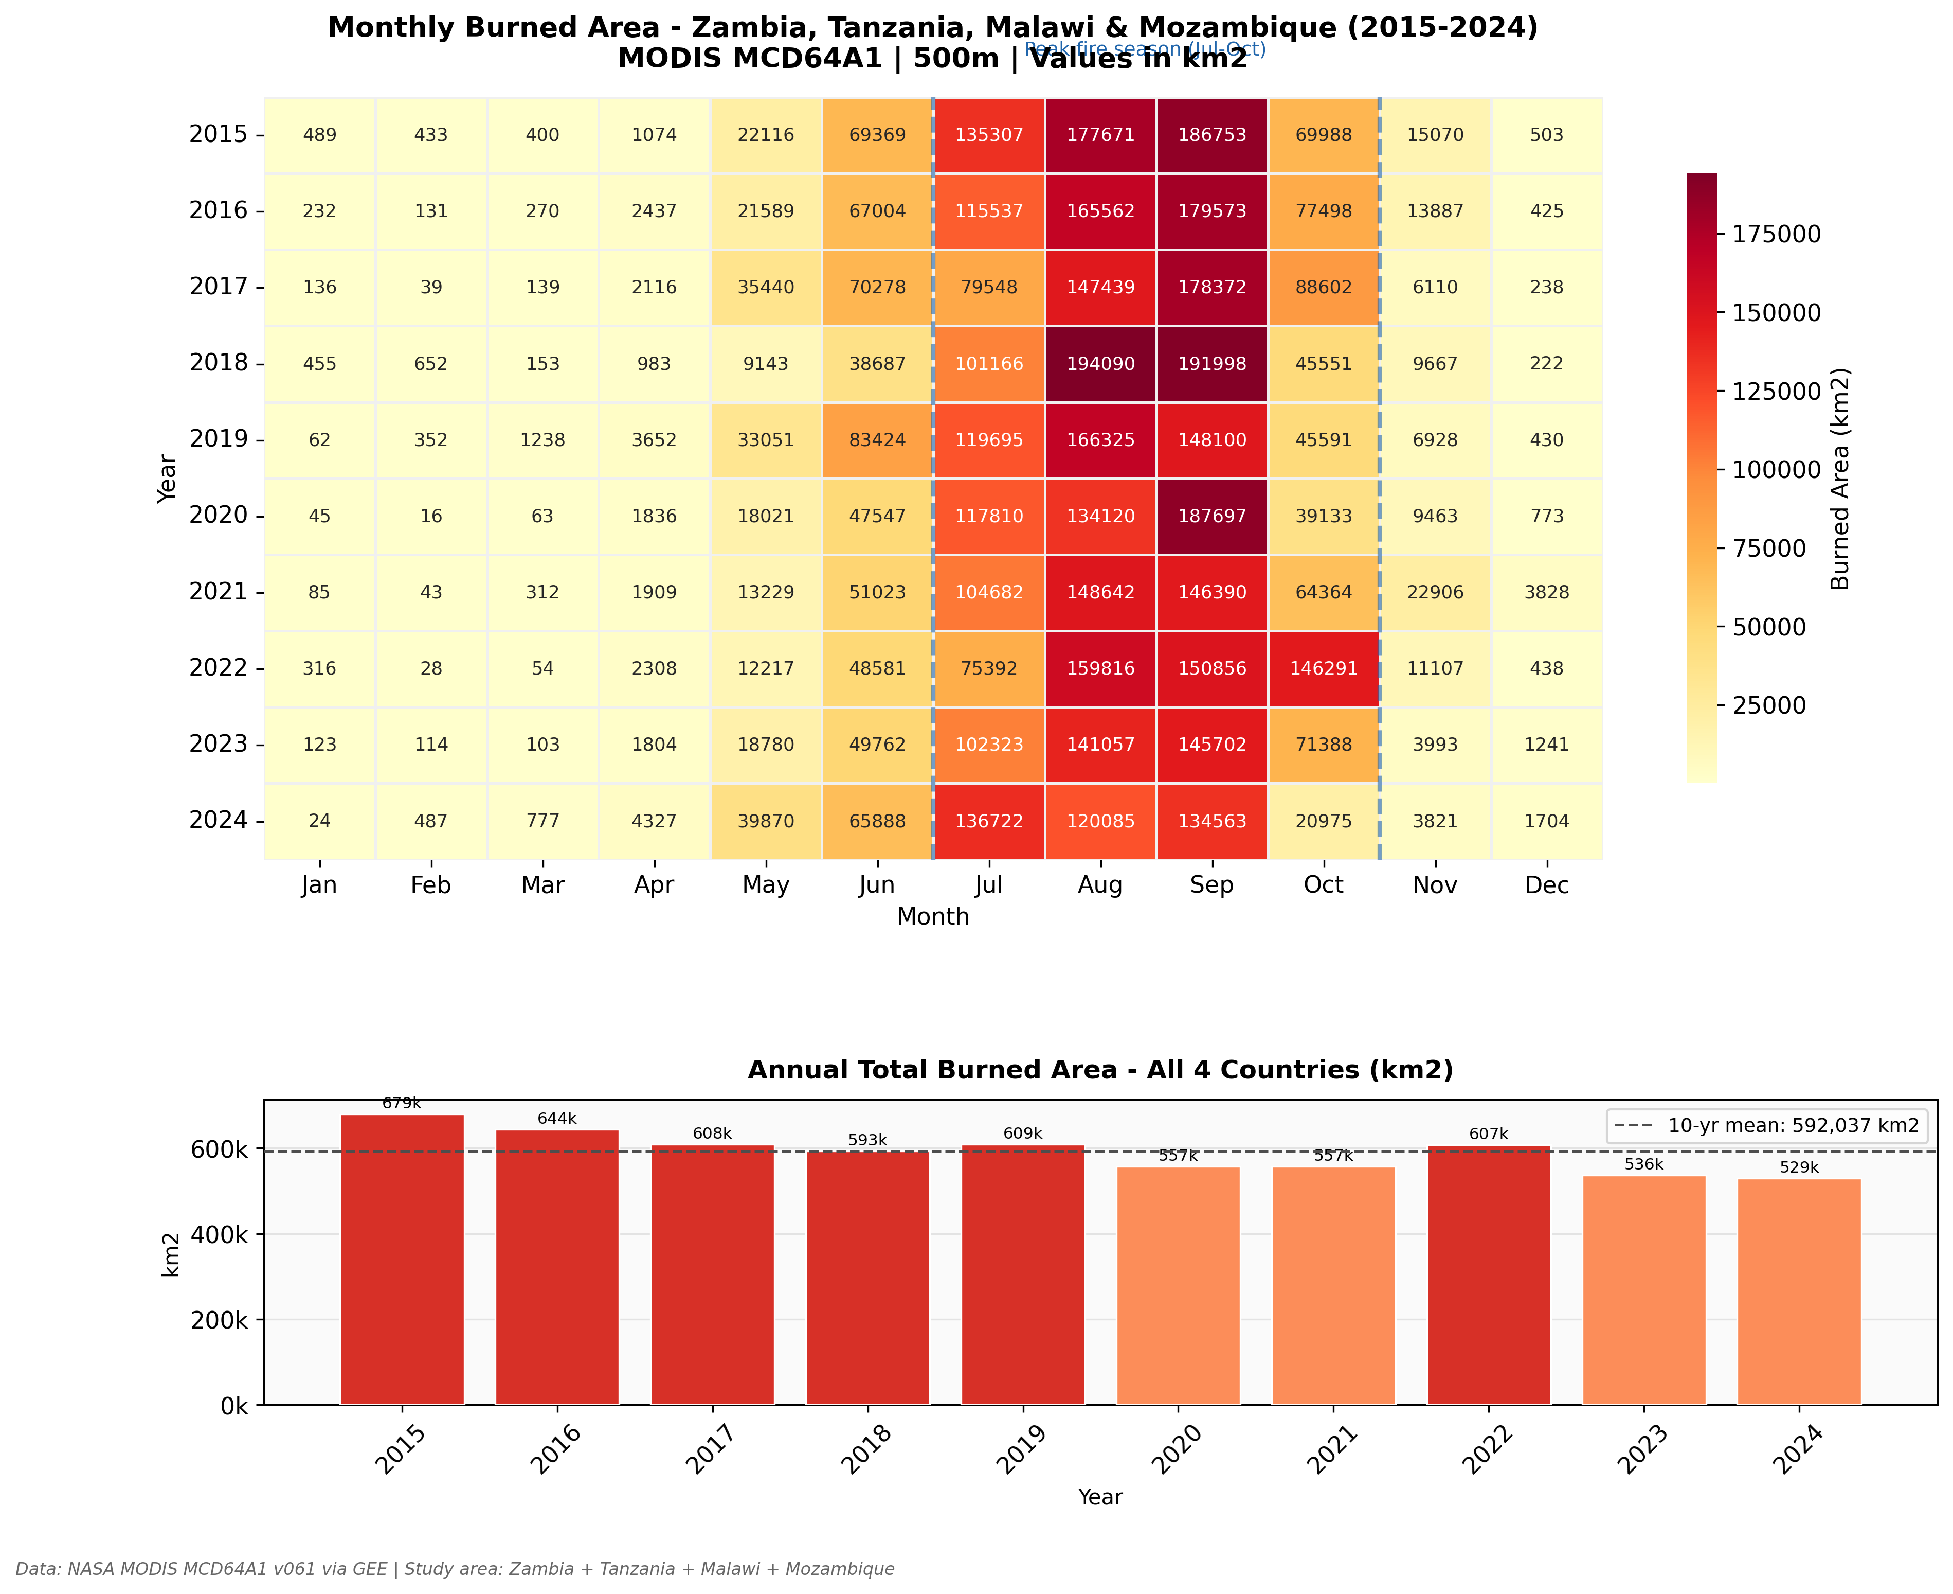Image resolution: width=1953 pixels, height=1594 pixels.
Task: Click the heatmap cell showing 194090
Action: click(x=1100, y=364)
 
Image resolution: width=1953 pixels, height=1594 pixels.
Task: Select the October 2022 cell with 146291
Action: click(x=1324, y=668)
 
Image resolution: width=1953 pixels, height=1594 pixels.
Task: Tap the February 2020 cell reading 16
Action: click(x=431, y=516)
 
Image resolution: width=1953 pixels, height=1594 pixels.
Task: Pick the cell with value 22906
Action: click(x=1435, y=592)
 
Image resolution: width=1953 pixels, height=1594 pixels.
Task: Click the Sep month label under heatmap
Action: click(x=1211, y=885)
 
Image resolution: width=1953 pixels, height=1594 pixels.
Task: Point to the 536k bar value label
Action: click(x=1644, y=1164)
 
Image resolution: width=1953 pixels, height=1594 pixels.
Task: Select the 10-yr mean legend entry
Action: click(x=1767, y=1126)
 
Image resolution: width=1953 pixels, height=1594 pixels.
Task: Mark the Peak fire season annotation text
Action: click(x=1145, y=49)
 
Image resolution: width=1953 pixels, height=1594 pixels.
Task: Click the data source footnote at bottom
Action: click(x=454, y=1569)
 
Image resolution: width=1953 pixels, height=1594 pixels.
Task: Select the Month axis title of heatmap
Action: click(x=932, y=916)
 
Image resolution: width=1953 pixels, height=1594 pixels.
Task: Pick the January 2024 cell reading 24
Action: click(x=319, y=821)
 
